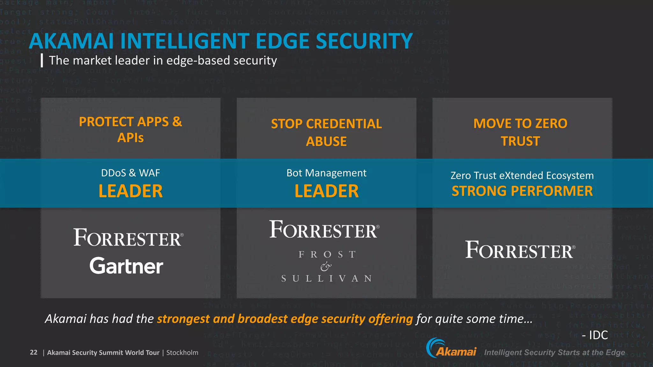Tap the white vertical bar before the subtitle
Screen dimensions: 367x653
[x=42, y=60]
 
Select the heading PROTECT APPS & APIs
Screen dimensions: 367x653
[x=130, y=130]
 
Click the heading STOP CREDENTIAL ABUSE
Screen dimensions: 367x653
[x=326, y=132]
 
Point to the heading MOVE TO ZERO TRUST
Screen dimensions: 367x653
[x=520, y=132]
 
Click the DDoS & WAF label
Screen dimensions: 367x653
[x=130, y=173]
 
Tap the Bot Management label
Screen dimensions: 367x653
[x=326, y=173]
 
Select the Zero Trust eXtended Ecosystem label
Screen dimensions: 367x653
[x=522, y=176]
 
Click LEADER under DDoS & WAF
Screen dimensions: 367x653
[x=130, y=191]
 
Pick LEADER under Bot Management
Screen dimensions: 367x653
[x=326, y=191]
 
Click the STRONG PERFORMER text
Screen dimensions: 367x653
[x=522, y=191]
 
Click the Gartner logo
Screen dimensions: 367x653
[x=126, y=266]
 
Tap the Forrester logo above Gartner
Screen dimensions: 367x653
[x=128, y=238]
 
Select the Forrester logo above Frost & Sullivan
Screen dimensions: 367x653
[x=324, y=230]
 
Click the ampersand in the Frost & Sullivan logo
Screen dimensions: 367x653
[x=326, y=266]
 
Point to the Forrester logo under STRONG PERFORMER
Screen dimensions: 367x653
[x=520, y=250]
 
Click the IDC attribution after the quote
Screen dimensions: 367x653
[x=595, y=335]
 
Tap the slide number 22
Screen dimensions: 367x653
[x=33, y=352]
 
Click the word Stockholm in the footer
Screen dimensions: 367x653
[x=182, y=353]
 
